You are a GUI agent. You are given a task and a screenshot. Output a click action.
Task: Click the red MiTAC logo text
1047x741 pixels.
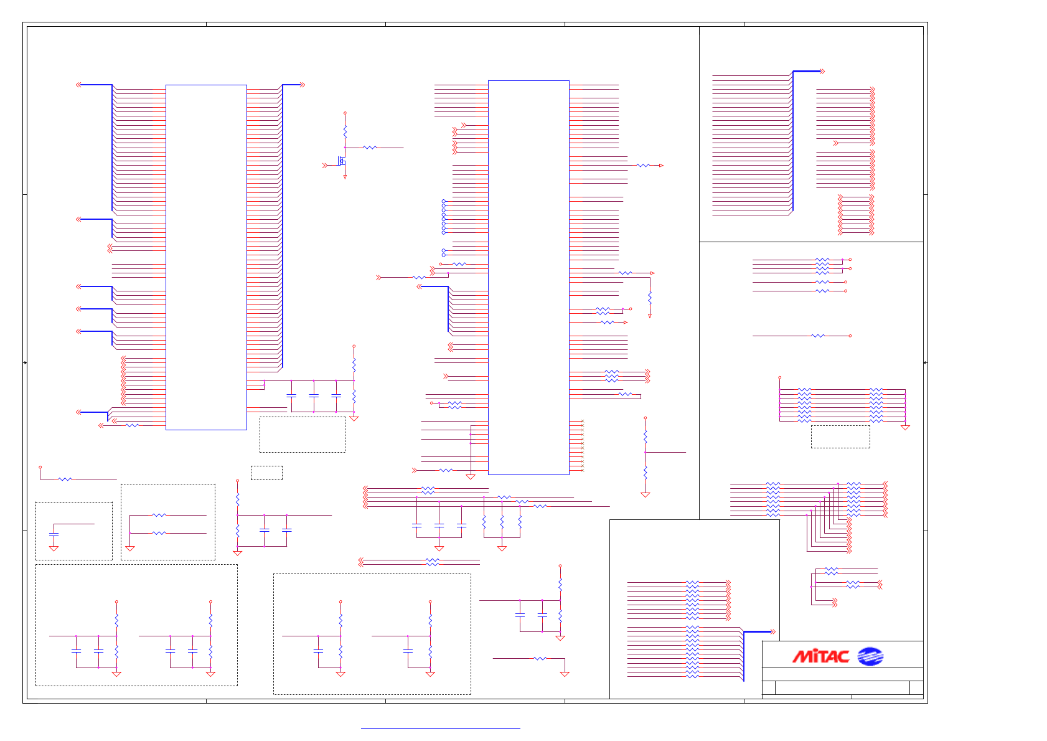pos(820,656)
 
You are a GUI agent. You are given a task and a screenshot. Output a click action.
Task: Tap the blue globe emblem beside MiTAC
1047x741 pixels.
pos(870,656)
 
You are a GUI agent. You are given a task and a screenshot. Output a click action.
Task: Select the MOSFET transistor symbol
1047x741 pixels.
pos(342,161)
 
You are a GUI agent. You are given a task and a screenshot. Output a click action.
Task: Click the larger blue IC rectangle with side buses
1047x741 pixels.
pos(206,257)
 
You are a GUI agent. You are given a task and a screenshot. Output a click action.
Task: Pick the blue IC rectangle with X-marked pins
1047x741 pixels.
pos(528,277)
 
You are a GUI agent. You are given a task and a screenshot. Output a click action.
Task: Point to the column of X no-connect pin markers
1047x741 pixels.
pos(582,446)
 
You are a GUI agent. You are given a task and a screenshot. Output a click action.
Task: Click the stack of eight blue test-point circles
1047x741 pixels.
pos(444,217)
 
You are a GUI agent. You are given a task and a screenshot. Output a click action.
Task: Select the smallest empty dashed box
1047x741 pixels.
pos(266,473)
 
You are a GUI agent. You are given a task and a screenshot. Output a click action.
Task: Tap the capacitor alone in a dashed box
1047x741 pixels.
pos(54,534)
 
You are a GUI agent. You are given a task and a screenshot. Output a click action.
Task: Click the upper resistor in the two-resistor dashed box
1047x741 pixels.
pos(159,515)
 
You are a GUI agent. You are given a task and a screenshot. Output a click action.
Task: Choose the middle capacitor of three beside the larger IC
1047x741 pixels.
pos(314,395)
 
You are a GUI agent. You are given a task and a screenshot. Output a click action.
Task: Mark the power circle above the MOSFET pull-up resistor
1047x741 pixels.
pos(345,113)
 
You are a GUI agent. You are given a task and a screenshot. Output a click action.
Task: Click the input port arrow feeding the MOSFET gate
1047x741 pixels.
pos(324,166)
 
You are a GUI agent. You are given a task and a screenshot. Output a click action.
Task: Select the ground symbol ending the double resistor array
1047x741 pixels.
pos(905,428)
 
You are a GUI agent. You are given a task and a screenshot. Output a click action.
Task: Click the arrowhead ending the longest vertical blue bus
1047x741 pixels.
pos(303,85)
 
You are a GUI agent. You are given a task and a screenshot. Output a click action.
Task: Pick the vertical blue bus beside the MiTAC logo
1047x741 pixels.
pos(744,656)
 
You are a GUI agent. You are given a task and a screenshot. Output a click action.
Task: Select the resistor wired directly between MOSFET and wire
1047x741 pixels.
pos(370,148)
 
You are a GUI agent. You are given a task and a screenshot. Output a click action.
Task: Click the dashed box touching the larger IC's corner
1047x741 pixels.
pos(302,435)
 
